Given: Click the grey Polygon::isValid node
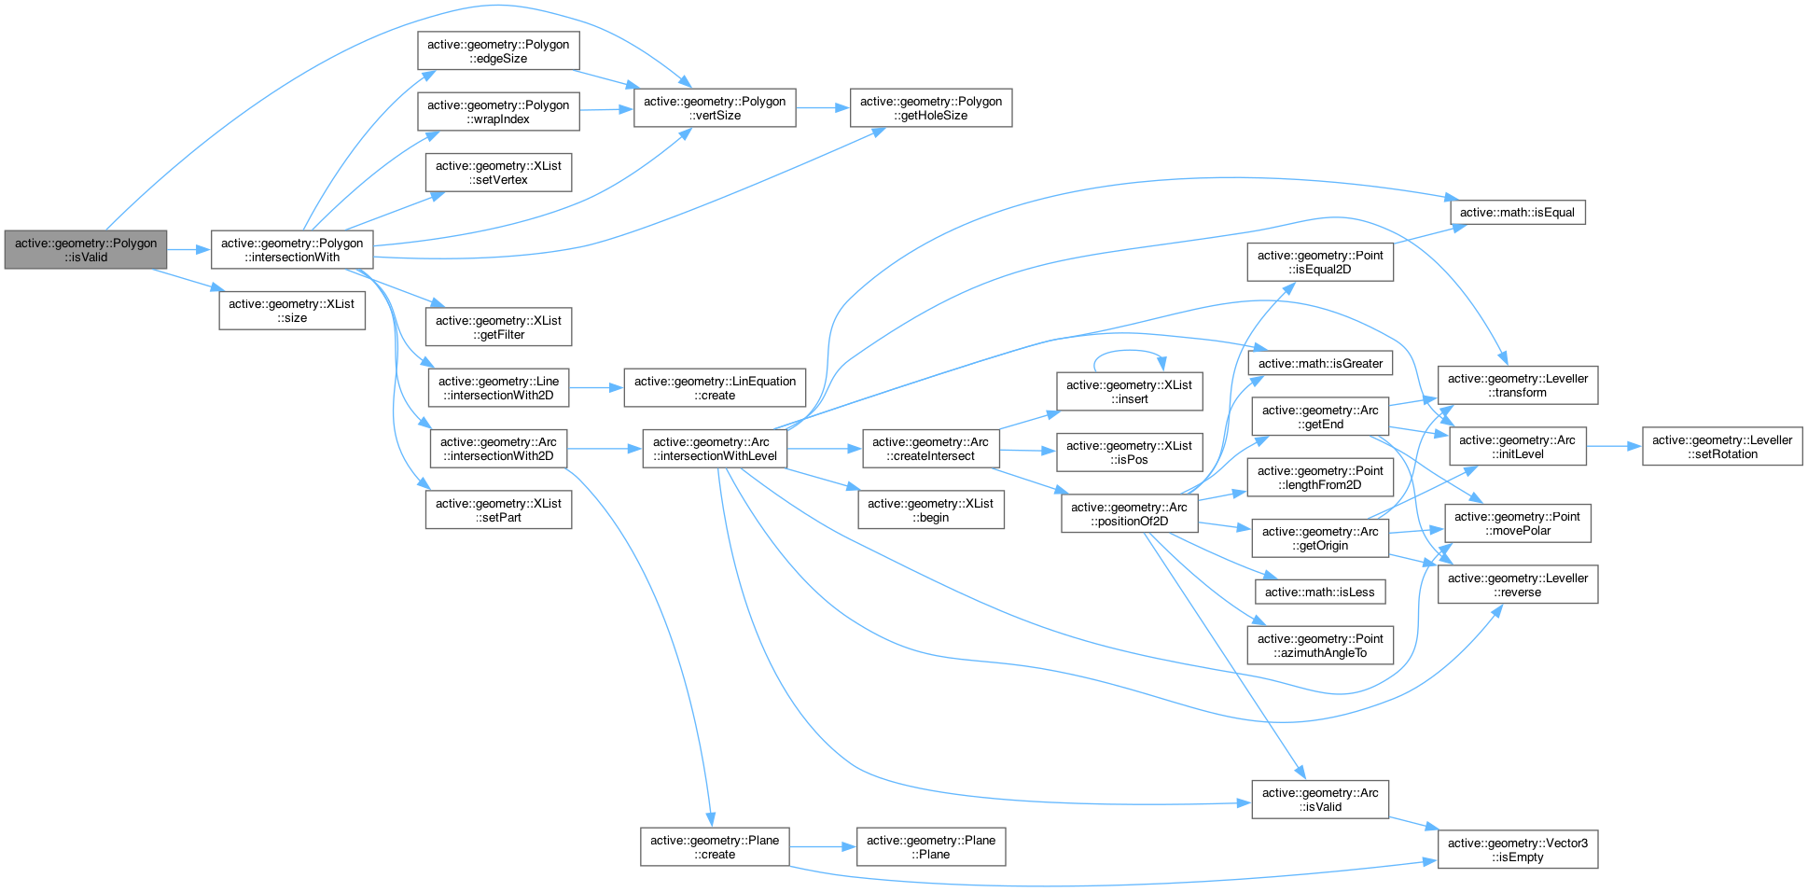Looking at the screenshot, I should pyautogui.click(x=86, y=250).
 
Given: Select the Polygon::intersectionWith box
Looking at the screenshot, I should pyautogui.click(x=292, y=250).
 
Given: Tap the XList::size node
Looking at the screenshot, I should pyautogui.click(x=292, y=311).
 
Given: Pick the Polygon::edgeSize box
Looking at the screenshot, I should pyautogui.click(x=498, y=51).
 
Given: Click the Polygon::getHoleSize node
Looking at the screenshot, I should pyautogui.click(x=931, y=108).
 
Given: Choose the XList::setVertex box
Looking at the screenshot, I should pyautogui.click(x=498, y=173).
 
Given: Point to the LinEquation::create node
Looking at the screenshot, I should pyautogui.click(x=715, y=388).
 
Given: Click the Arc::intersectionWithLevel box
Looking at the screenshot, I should pyautogui.click(x=715, y=449).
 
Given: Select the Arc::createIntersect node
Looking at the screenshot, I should pyautogui.click(x=930, y=449).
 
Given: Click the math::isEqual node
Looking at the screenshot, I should pyautogui.click(x=1517, y=213).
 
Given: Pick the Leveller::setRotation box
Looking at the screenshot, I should pyautogui.click(x=1722, y=447).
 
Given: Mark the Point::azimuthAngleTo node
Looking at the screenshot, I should pyautogui.click(x=1320, y=646).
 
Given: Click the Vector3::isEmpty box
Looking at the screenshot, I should pyautogui.click(x=1518, y=850).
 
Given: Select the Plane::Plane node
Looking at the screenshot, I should pyautogui.click(x=931, y=847).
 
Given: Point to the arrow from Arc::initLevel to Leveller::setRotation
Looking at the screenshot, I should pyautogui.click(x=1614, y=447).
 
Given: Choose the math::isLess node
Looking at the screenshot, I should pyautogui.click(x=1320, y=592).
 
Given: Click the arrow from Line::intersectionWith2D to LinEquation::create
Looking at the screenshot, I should pyautogui.click(x=596, y=388).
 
